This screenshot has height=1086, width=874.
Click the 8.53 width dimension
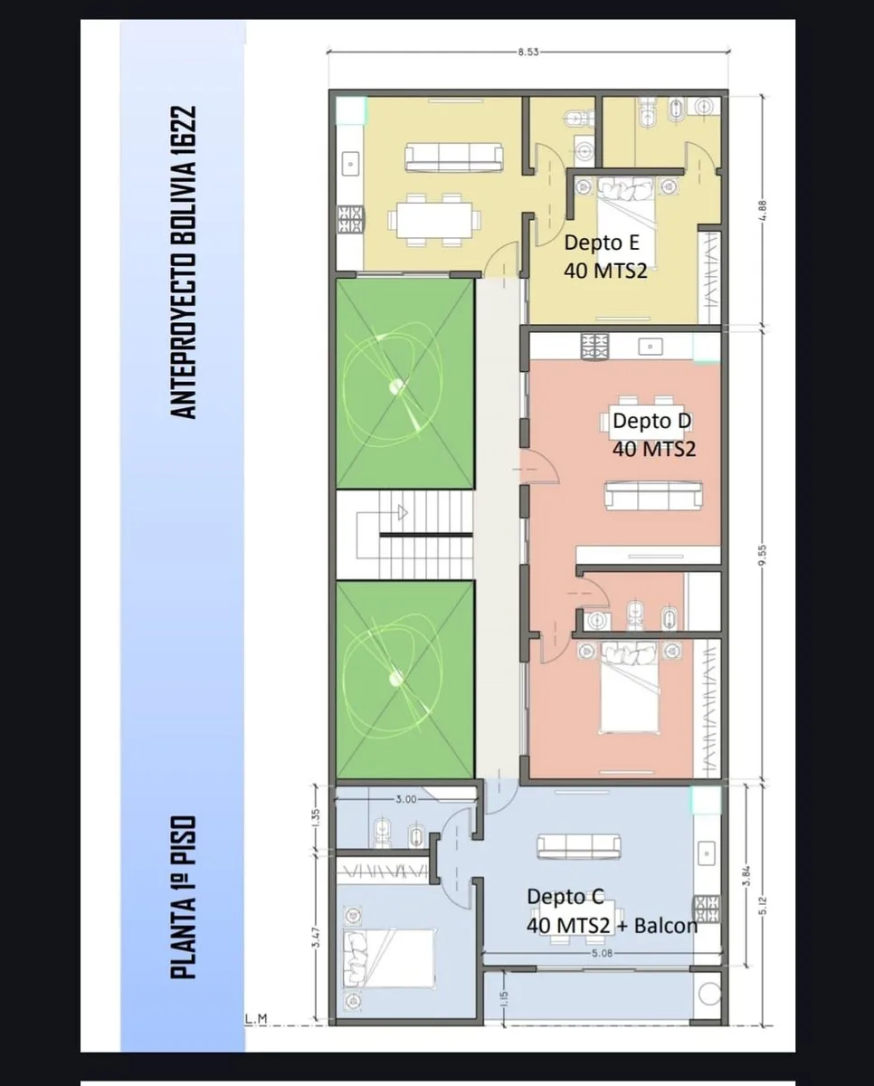click(x=527, y=52)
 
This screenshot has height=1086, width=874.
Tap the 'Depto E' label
click(x=602, y=243)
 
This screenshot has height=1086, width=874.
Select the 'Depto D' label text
click(x=651, y=421)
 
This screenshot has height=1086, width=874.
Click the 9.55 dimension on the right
click(x=763, y=555)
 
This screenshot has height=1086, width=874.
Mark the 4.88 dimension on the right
click(x=763, y=211)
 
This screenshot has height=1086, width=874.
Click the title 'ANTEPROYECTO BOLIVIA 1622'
click(x=183, y=262)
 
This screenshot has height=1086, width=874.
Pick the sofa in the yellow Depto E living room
click(x=454, y=157)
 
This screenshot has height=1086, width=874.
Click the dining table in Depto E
click(x=434, y=220)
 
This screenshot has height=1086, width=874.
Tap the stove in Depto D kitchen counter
click(x=595, y=347)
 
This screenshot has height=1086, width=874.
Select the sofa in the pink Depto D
click(x=653, y=496)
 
